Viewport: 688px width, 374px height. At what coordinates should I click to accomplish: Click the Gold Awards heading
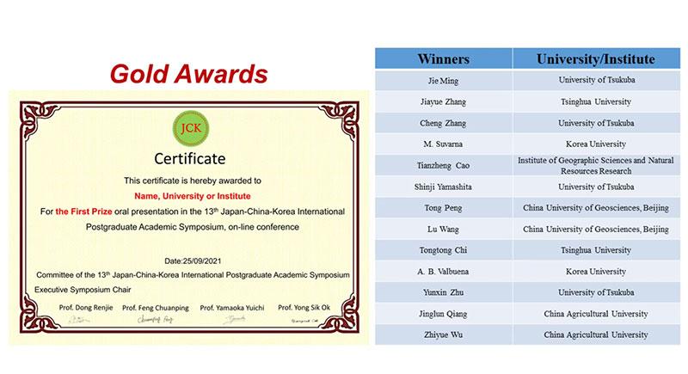pyautogui.click(x=187, y=73)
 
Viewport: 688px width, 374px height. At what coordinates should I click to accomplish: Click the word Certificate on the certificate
pyautogui.click(x=188, y=158)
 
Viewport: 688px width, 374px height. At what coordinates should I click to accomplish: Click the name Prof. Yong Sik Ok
pyautogui.click(x=302, y=307)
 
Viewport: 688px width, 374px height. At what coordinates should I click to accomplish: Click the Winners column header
pyautogui.click(x=443, y=59)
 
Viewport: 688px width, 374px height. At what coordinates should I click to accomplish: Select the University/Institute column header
pyautogui.click(x=596, y=59)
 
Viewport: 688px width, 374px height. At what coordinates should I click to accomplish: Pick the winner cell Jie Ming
pyautogui.click(x=443, y=80)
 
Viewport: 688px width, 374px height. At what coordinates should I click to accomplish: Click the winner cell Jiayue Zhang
pyautogui.click(x=443, y=101)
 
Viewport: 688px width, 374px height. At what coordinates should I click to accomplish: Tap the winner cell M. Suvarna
pyautogui.click(x=443, y=144)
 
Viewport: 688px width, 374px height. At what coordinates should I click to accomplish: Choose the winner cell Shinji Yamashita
pyautogui.click(x=443, y=187)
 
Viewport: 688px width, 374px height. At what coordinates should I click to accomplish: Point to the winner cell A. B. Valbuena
pyautogui.click(x=443, y=271)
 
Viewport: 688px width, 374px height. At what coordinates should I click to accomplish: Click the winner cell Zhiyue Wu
pyautogui.click(x=443, y=334)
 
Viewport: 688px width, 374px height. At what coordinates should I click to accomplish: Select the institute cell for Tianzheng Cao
pyautogui.click(x=596, y=165)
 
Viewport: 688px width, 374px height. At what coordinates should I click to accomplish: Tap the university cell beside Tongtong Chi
pyautogui.click(x=596, y=250)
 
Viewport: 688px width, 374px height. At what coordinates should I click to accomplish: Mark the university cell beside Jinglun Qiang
pyautogui.click(x=596, y=313)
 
